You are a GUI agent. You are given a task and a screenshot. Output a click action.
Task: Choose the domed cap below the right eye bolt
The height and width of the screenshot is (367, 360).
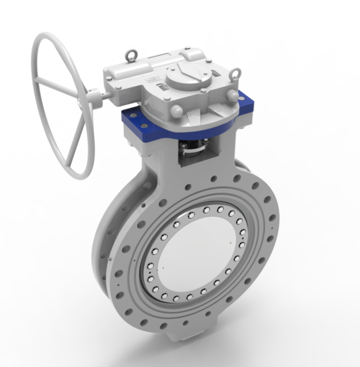233,96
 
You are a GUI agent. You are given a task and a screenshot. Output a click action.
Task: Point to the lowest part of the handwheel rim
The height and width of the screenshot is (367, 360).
82,177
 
